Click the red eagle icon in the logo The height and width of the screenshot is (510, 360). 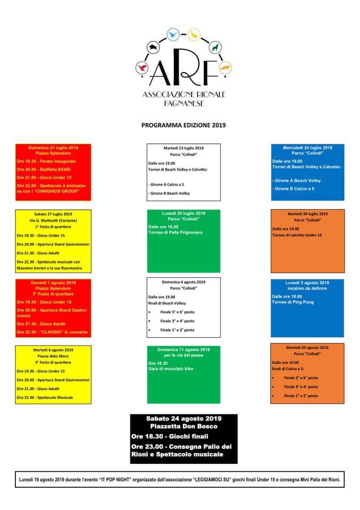click(141, 68)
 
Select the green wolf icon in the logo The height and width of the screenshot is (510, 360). click(215, 48)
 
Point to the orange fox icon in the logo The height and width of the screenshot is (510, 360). click(225, 69)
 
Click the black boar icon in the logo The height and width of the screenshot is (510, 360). click(152, 47)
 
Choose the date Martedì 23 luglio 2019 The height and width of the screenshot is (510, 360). click(184, 148)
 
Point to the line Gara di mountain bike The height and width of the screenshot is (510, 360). click(172, 368)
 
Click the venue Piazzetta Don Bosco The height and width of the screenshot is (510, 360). click(183, 426)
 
